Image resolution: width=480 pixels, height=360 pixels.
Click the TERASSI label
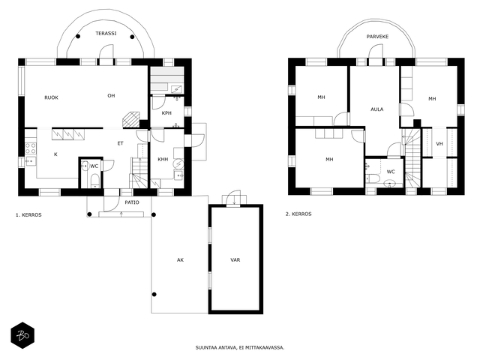[106, 33]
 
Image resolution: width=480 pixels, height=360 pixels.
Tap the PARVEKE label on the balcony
[377, 37]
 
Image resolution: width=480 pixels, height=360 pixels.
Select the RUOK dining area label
[52, 97]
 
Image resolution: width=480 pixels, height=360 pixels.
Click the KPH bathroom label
[166, 113]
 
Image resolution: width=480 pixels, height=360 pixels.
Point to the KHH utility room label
[163, 159]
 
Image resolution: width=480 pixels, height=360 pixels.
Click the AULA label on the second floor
[376, 109]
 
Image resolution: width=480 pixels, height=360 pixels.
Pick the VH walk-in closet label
[439, 143]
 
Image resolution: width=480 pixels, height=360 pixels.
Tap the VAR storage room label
[235, 260]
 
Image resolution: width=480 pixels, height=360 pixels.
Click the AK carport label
[180, 260]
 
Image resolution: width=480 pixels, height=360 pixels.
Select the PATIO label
[132, 202]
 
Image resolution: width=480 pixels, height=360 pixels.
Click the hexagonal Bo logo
[22, 335]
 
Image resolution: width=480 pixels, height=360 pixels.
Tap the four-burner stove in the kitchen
[30, 148]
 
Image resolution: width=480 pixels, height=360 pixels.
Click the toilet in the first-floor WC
[95, 181]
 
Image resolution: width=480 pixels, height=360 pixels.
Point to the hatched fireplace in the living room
[131, 119]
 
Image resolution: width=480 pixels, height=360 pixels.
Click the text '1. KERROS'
[28, 215]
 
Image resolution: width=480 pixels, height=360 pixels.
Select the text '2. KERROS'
[298, 214]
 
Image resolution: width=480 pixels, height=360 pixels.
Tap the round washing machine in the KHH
[178, 164]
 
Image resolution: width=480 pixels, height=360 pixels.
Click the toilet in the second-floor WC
[373, 178]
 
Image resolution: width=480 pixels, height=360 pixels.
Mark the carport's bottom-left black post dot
[154, 295]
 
